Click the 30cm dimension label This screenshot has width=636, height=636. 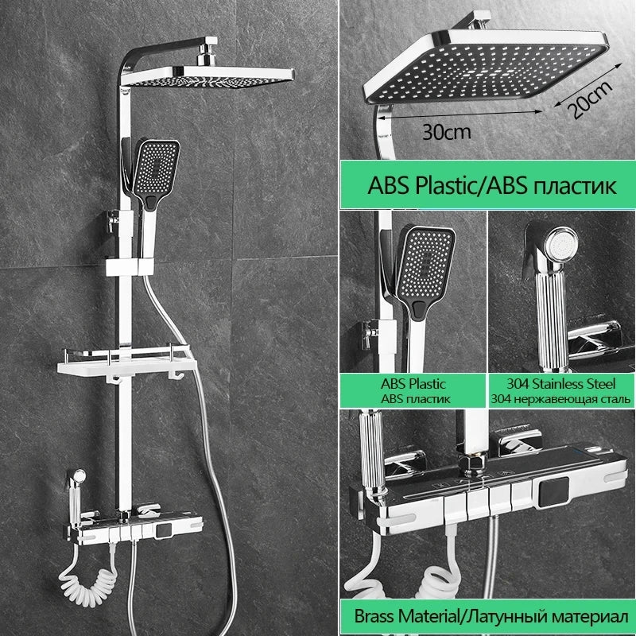[447, 132]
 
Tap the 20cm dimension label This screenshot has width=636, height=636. [589, 99]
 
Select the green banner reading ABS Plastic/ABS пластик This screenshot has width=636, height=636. [488, 184]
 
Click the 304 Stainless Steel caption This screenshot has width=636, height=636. [561, 384]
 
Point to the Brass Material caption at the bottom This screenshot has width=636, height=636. [491, 616]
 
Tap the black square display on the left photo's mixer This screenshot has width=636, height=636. [164, 531]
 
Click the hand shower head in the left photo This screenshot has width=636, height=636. [156, 174]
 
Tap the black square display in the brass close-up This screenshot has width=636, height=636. [553, 492]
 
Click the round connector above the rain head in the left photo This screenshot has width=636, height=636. [207, 57]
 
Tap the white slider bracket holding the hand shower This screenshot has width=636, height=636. [130, 267]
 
